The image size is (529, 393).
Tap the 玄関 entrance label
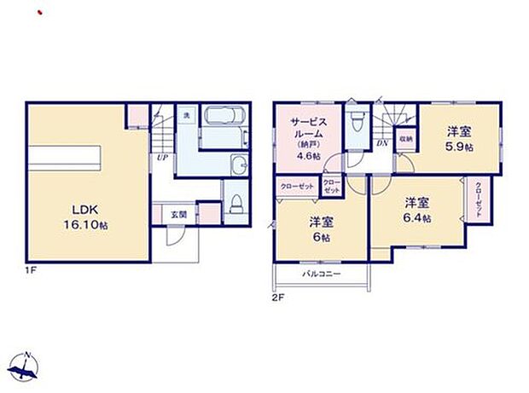point(177,213)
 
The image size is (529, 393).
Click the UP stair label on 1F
point(161,157)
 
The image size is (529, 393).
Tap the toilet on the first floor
point(236,204)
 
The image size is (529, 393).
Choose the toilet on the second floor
point(358,120)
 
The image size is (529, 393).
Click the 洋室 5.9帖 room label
point(459,137)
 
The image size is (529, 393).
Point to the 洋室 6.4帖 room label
point(416,210)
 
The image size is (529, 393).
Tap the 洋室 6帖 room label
point(321,229)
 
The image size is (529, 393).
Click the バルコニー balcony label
point(321,275)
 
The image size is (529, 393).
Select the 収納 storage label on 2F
point(406,139)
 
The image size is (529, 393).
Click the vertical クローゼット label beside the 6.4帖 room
point(478,200)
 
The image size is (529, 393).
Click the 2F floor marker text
point(277,298)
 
